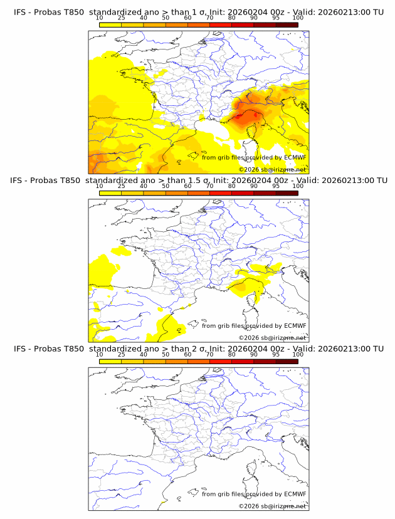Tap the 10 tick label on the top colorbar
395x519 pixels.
click(x=99, y=18)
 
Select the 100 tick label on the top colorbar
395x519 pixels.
click(x=298, y=18)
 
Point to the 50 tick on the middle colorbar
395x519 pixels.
click(x=166, y=186)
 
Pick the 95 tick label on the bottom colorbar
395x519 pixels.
click(x=276, y=354)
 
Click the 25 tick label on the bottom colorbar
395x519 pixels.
click(x=121, y=354)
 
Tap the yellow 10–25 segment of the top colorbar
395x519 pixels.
click(x=110, y=24)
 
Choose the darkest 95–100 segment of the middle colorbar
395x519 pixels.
click(x=287, y=193)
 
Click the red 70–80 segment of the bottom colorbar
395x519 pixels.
click(x=221, y=361)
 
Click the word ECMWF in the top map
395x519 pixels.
click(x=295, y=157)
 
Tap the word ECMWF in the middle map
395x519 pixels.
click(x=295, y=325)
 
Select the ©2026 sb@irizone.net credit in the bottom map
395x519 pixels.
click(x=272, y=506)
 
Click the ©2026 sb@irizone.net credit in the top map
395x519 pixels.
click(x=272, y=170)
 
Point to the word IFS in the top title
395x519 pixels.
click(x=20, y=12)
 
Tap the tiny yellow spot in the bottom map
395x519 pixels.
click(x=162, y=503)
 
